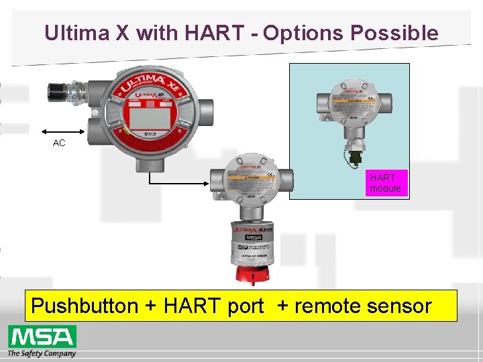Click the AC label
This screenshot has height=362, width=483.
click(59, 143)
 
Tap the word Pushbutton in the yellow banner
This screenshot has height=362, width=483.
click(85, 306)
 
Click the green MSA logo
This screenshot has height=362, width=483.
click(42, 336)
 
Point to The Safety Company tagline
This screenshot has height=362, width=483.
click(42, 353)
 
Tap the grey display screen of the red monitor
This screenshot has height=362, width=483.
click(149, 118)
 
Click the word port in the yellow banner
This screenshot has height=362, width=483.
click(246, 306)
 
